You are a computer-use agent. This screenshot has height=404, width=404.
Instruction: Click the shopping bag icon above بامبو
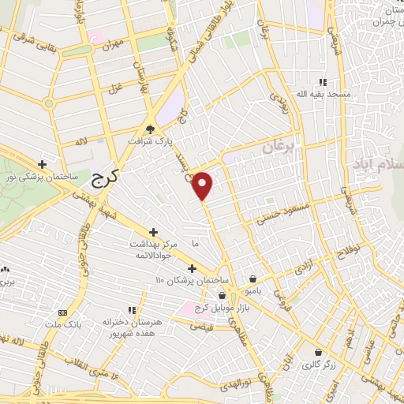click(252, 279)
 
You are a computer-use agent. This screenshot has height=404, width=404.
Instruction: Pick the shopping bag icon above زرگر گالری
click(317, 352)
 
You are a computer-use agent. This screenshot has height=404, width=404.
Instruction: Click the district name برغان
click(282, 147)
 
